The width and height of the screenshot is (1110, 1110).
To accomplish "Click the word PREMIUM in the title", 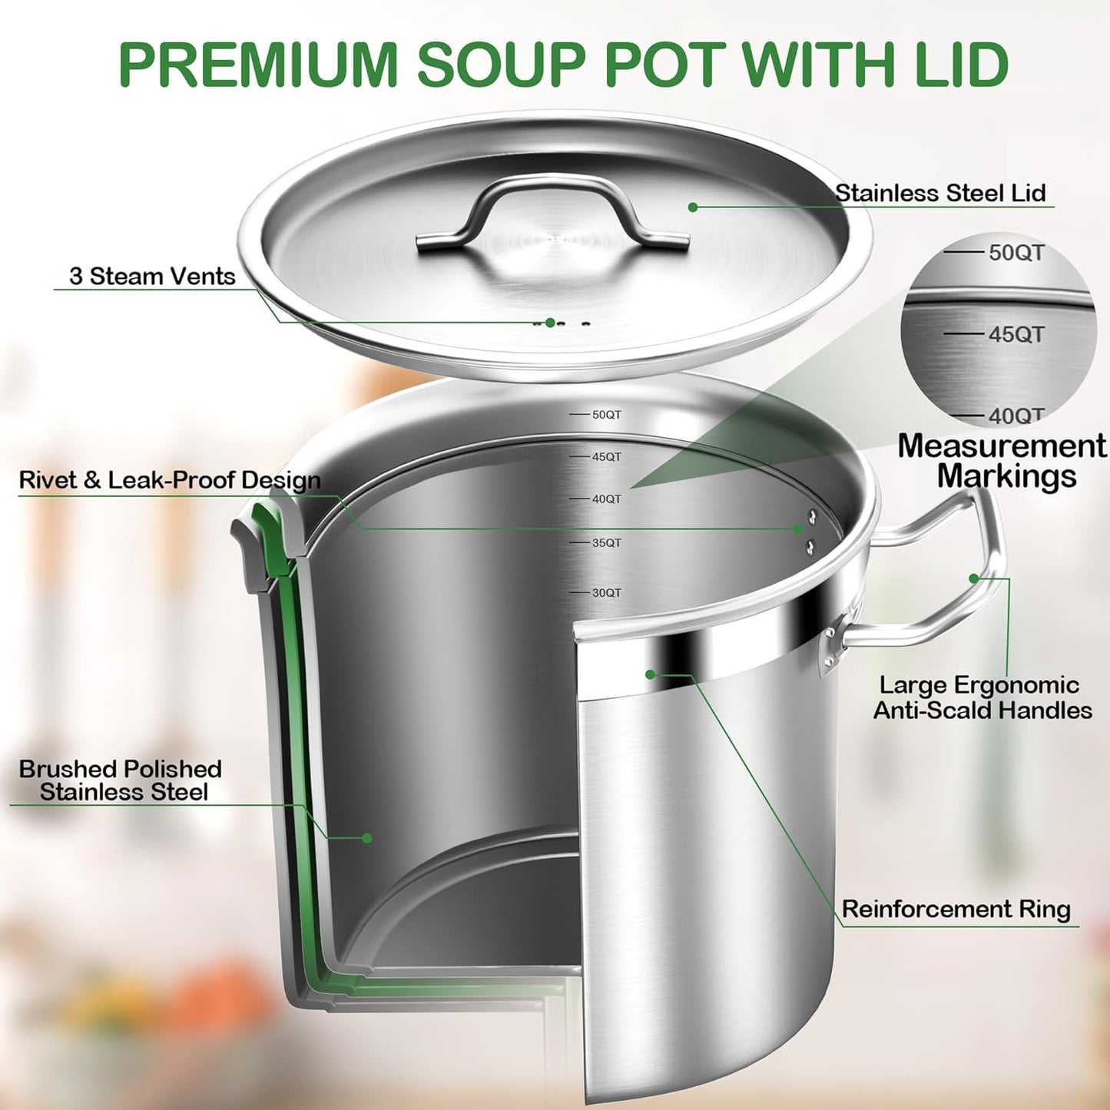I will tap(257, 65).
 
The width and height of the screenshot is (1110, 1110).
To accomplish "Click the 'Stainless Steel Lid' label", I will tap(940, 193).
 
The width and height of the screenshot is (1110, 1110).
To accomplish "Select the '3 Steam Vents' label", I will tap(152, 277).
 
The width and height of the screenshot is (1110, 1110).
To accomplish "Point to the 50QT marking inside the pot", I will tap(606, 415).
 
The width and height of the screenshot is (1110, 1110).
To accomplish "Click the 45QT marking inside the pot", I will tap(606, 457).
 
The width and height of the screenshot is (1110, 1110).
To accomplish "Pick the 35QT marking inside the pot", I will tap(606, 543).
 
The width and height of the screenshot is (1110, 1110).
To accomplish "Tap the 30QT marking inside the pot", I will tap(606, 593).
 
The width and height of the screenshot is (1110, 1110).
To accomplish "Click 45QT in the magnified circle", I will tap(1016, 334).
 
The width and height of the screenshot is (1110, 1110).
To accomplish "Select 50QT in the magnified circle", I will tap(1016, 253).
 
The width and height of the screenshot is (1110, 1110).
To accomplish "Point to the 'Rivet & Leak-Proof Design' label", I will tap(170, 480).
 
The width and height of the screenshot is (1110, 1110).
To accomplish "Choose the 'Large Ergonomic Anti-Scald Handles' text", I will tap(982, 697).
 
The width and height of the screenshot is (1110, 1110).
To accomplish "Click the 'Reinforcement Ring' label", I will tap(956, 910).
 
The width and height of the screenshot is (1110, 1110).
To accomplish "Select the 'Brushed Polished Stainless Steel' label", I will tap(121, 780).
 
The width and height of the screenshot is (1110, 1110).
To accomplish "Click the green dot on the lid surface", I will tap(693, 207).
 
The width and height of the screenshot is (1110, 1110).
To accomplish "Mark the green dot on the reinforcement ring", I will tap(651, 674).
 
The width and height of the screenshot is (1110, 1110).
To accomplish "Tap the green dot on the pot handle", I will tap(974, 578).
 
